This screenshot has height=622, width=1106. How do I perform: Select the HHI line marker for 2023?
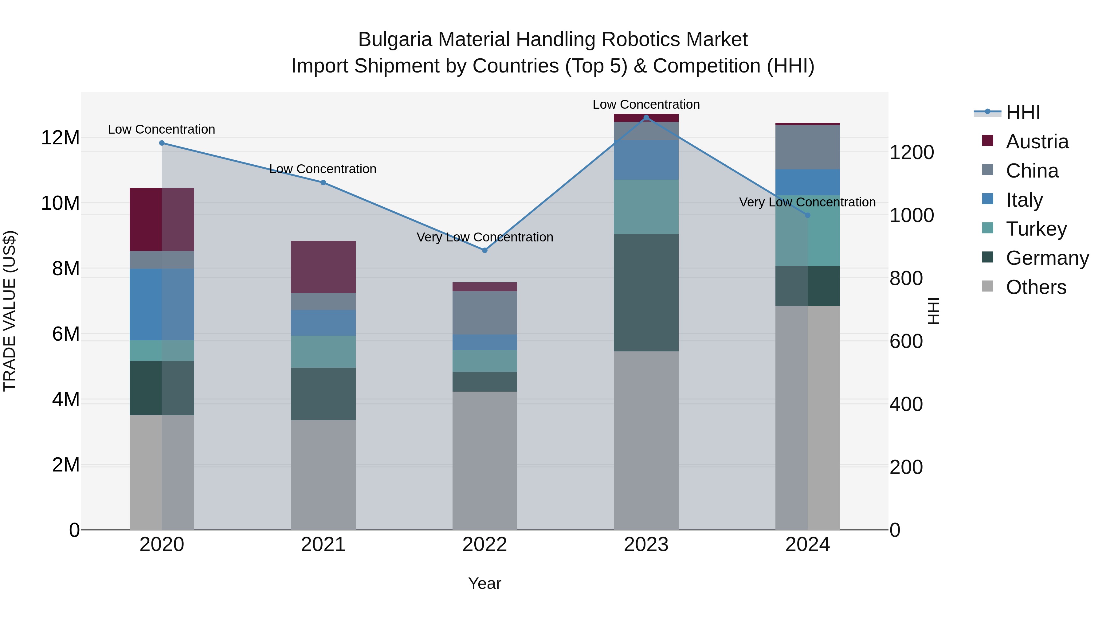646,118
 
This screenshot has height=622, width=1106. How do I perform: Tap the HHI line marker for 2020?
162,143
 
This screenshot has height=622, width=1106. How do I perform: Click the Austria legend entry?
1037,142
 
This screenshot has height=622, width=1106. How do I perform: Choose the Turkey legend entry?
1036,229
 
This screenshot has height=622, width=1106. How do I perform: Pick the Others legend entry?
1036,287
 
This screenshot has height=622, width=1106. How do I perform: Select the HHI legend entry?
1023,112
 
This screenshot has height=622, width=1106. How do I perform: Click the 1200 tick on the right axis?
912,152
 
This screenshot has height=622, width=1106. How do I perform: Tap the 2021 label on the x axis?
323,545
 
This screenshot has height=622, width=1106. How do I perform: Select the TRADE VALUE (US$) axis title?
10,311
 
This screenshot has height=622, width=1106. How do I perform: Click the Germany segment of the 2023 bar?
646,293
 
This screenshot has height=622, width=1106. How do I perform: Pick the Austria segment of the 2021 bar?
323,267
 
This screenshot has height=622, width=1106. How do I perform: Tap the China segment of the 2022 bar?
485,313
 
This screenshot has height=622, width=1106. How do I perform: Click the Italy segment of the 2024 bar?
808,182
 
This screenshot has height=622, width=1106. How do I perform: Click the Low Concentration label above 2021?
323,169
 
